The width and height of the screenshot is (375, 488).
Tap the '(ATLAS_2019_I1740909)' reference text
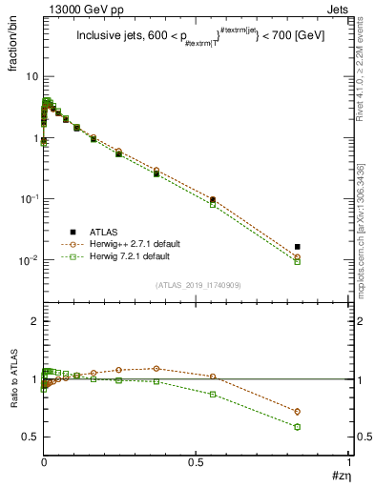pyautogui.click(x=197, y=285)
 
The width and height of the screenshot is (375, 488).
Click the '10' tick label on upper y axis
pyautogui.click(x=31, y=76)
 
